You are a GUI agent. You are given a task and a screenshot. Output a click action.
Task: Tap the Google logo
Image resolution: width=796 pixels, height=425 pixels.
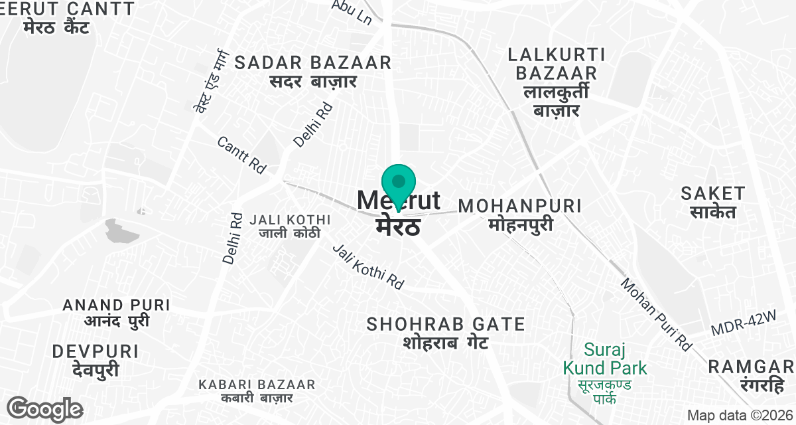pyautogui.click(x=44, y=408)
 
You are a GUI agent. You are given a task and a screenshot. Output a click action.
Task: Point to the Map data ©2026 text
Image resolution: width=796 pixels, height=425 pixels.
pyautogui.click(x=739, y=415)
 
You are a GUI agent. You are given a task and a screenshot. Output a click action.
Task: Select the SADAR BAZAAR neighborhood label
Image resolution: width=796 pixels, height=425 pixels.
pyautogui.click(x=313, y=72)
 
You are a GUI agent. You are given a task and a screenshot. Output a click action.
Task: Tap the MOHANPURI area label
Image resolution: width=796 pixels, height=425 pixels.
pyautogui.click(x=520, y=214)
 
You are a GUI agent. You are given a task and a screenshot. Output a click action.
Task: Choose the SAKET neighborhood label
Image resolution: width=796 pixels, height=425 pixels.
pyautogui.click(x=713, y=203)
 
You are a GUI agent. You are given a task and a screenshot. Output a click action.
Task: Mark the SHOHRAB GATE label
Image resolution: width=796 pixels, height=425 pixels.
pyautogui.click(x=446, y=333)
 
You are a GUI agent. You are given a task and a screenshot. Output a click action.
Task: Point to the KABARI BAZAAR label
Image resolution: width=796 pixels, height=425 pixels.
pyautogui.click(x=257, y=391)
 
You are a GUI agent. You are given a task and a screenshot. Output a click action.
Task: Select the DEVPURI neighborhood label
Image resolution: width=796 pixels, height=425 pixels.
pyautogui.click(x=96, y=361)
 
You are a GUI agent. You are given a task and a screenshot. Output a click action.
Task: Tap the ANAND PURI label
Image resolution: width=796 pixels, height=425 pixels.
pyautogui.click(x=116, y=313)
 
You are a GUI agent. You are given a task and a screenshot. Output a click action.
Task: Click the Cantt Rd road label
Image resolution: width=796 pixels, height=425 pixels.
pyautogui.click(x=241, y=155)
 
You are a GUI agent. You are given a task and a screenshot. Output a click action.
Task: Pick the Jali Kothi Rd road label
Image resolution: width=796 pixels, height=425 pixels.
pyautogui.click(x=368, y=266)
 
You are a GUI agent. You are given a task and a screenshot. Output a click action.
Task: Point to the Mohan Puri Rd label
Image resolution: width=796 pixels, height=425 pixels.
pyautogui.click(x=655, y=313)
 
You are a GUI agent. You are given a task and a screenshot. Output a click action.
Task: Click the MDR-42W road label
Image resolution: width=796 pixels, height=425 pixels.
pyautogui.click(x=743, y=325)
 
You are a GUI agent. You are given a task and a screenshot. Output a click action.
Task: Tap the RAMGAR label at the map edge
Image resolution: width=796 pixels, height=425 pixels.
pyautogui.click(x=751, y=375)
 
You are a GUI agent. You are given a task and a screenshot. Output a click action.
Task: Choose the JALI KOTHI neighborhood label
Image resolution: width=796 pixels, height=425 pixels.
pyautogui.click(x=289, y=226)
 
